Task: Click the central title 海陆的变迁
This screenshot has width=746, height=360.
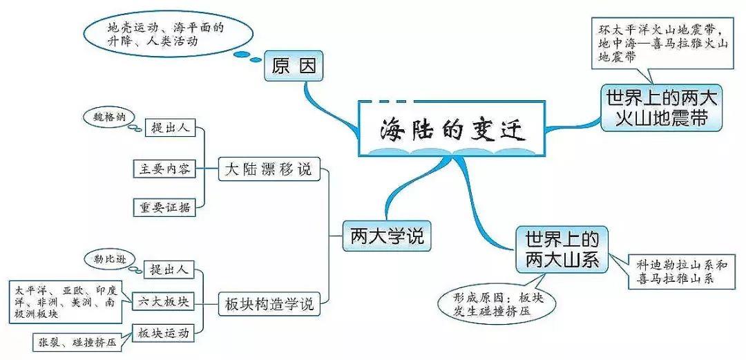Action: [452, 129]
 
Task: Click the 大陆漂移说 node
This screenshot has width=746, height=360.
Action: [269, 169]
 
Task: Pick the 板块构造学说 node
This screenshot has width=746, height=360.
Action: [269, 302]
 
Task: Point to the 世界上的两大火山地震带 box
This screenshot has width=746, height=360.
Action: [662, 108]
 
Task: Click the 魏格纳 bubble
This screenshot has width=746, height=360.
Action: [109, 117]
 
